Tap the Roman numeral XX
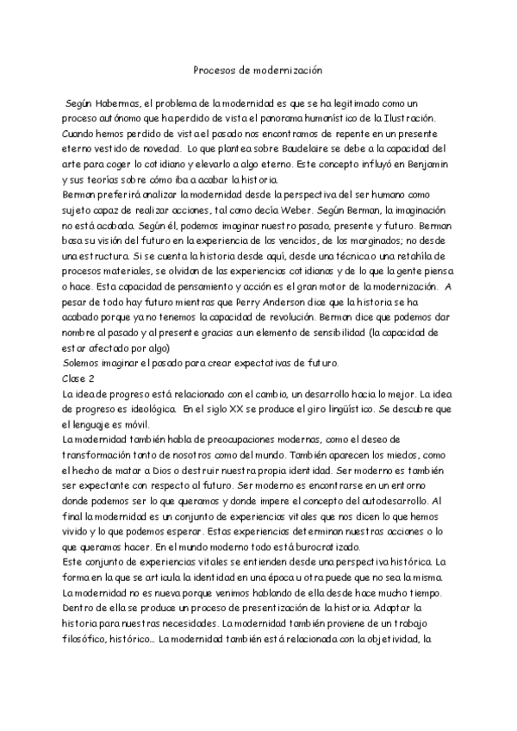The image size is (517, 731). click(x=215, y=409)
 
